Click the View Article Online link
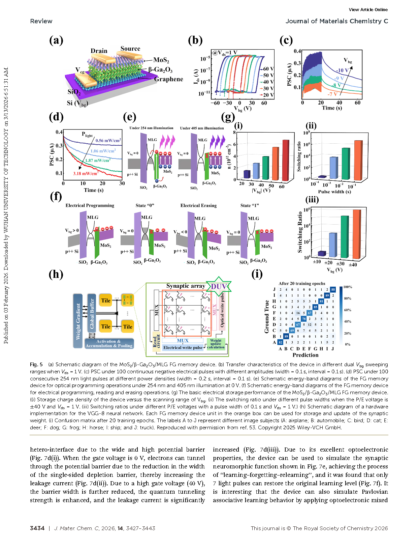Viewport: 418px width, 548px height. click(368, 10)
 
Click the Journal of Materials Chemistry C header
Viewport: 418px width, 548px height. click(337, 21)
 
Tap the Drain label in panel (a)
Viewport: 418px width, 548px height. click(99, 51)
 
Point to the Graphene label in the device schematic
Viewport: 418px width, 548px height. click(168, 79)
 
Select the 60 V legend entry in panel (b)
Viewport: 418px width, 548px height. click(268, 69)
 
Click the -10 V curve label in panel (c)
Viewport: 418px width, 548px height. click(342, 70)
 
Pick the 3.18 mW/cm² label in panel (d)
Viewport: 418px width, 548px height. click(86, 174)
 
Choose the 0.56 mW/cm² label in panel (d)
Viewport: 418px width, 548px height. click(108, 141)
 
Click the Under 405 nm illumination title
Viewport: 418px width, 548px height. click(202, 128)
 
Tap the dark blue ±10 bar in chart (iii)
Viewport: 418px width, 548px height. click(322, 253)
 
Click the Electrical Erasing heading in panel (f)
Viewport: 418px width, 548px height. click(198, 206)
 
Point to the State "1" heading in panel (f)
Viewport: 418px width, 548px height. click(250, 206)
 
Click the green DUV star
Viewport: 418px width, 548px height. click(219, 287)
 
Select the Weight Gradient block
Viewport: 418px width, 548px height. click(78, 321)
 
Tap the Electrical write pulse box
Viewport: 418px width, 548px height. click(183, 348)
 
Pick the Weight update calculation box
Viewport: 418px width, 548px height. click(216, 344)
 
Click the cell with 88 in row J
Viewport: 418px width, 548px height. click(333, 289)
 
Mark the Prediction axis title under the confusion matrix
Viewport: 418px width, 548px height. click(305, 355)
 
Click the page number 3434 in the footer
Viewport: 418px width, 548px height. click(37, 528)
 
